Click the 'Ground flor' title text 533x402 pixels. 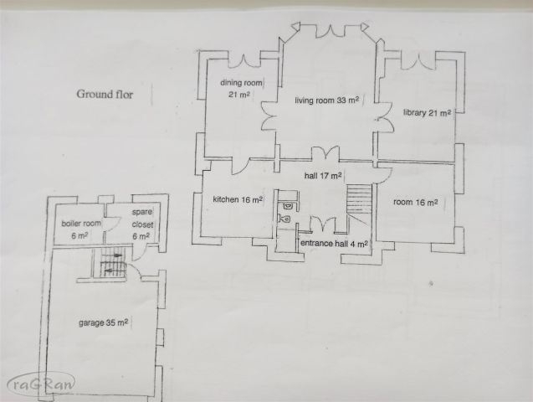pos(105,94)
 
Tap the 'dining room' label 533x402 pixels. pos(241,83)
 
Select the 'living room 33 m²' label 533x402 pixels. pos(326,100)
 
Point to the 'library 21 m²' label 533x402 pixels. pos(427,112)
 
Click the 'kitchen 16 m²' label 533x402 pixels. pos(238,199)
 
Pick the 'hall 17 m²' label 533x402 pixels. pos(323,176)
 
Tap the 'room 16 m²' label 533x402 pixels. pos(415,202)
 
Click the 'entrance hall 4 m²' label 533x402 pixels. pos(334,243)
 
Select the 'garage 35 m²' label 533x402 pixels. pos(104,322)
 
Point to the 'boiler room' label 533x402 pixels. pos(81,224)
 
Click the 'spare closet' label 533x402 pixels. pos(142,219)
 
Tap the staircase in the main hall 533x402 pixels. pos(359,199)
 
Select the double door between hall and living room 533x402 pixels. pos(325,153)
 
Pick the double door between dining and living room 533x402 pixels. pos(269,116)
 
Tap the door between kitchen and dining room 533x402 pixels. pos(240,167)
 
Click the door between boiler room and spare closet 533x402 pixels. pos(111,224)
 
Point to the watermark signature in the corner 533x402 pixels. pos(41,384)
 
